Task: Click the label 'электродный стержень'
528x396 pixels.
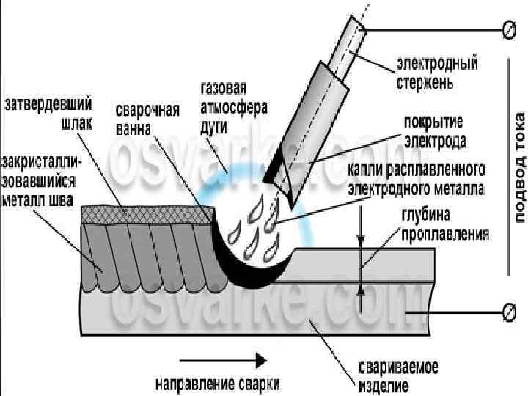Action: [437, 71]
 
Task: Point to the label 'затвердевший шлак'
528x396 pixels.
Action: [49, 115]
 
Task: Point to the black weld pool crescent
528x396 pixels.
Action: [242, 268]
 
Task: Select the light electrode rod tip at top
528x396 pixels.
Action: [356, 26]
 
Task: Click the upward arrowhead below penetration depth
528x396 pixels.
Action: [362, 290]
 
